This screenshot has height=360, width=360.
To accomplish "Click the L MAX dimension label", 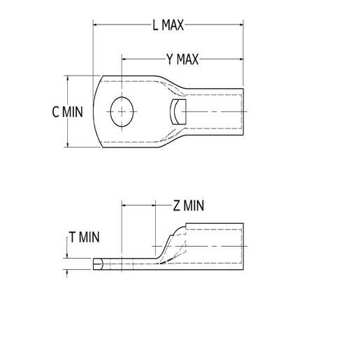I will (x=168, y=26).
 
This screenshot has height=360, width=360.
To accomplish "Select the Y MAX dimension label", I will (x=183, y=59).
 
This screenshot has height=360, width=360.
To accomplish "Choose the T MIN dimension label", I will (x=85, y=238).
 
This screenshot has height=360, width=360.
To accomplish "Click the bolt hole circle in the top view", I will (x=123, y=110).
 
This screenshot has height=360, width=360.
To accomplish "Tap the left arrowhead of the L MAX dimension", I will (x=96, y=26).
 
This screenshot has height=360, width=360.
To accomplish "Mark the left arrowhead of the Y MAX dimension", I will (x=125, y=59).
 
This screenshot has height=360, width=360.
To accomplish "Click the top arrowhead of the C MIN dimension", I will (x=68, y=78).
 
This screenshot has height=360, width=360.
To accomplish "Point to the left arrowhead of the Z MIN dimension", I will (x=125, y=206).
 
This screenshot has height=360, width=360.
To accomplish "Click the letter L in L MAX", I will (x=155, y=26).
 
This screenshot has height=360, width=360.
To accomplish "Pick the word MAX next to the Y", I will (x=187, y=59).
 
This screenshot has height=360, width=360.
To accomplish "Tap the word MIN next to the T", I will (x=89, y=238).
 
